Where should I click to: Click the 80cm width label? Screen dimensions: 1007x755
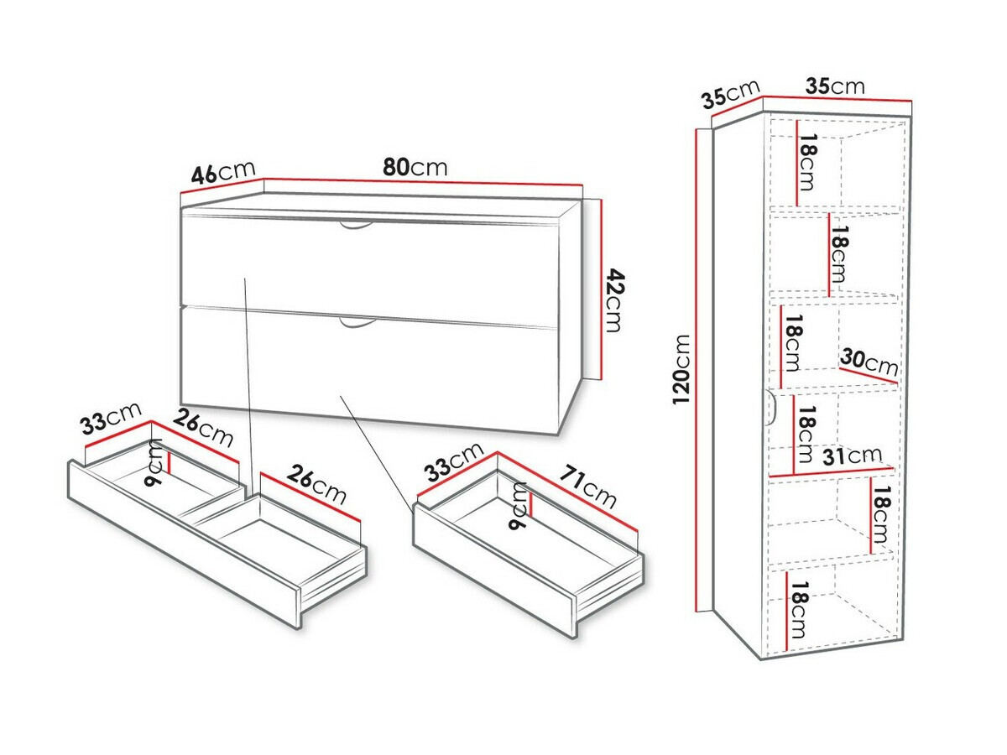click(415, 167)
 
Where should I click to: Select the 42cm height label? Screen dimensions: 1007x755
click(613, 300)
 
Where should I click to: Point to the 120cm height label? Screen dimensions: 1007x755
click(681, 369)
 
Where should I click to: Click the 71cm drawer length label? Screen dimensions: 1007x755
click(587, 487)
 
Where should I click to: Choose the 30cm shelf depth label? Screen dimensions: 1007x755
click(869, 362)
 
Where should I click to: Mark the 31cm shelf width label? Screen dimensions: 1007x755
click(852, 456)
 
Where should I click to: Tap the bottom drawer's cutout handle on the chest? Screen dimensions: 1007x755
click(357, 324)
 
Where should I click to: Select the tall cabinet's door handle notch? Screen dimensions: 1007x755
click(770, 408)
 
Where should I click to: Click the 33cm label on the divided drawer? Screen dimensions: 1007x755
click(111, 418)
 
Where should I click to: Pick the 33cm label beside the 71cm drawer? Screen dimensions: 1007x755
click(453, 461)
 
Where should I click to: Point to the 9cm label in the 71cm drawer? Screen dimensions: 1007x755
click(518, 505)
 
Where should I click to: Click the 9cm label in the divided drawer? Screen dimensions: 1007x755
click(153, 461)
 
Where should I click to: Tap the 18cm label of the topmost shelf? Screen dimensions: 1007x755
click(807, 162)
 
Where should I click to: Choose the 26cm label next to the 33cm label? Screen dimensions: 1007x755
click(204, 427)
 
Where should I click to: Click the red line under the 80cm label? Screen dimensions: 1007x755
click(423, 181)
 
